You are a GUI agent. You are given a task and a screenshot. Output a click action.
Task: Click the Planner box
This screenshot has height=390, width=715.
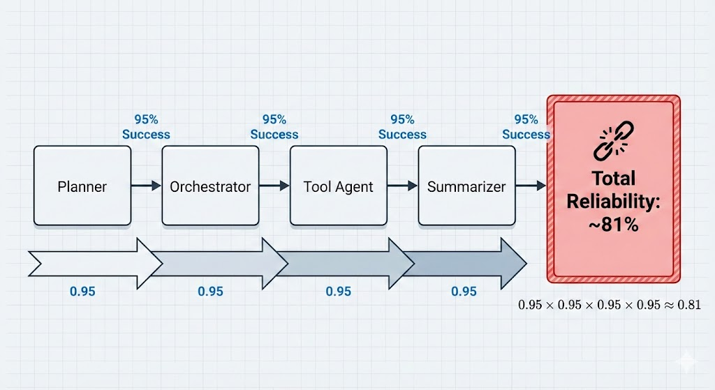click(82, 186)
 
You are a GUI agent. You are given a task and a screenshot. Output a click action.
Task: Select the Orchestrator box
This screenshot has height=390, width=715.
click(210, 186)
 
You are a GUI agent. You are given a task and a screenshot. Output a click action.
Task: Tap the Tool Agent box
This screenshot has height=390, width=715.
click(339, 186)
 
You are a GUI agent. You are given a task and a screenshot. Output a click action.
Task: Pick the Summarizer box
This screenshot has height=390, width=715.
click(466, 186)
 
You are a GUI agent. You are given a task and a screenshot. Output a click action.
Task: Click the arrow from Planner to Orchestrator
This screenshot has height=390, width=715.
click(146, 186)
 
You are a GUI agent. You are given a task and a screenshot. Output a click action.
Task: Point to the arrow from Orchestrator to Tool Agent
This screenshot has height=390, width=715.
click(274, 186)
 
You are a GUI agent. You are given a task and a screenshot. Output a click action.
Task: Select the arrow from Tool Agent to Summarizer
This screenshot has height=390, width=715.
click(402, 186)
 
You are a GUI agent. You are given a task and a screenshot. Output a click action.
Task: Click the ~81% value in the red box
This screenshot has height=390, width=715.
click(613, 225)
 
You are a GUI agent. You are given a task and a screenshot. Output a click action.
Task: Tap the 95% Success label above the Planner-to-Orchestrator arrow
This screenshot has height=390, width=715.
click(146, 127)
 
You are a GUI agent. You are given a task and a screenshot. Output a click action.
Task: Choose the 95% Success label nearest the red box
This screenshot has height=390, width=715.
click(526, 127)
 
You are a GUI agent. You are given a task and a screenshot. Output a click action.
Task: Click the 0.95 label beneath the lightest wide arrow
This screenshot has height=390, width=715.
click(82, 291)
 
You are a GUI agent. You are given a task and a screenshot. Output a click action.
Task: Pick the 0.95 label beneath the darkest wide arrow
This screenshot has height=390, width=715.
click(464, 291)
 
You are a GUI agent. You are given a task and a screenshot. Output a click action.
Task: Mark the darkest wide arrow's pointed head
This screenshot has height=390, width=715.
click(515, 263)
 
